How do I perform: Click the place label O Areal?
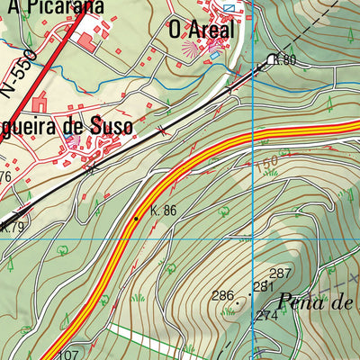click(x=200, y=30)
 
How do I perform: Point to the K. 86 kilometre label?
click(x=163, y=211)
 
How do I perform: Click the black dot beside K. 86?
click(x=137, y=218)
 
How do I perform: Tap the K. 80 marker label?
click(x=285, y=60)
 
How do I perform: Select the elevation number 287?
click(x=281, y=274)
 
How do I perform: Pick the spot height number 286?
click(x=222, y=295)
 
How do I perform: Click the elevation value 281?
click(x=263, y=287)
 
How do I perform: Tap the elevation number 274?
click(x=266, y=316)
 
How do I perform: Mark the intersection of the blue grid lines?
click(x=255, y=239)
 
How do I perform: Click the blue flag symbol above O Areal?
click(x=229, y=8)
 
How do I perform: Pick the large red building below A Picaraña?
click(x=86, y=41)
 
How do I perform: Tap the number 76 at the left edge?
click(x=4, y=177)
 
